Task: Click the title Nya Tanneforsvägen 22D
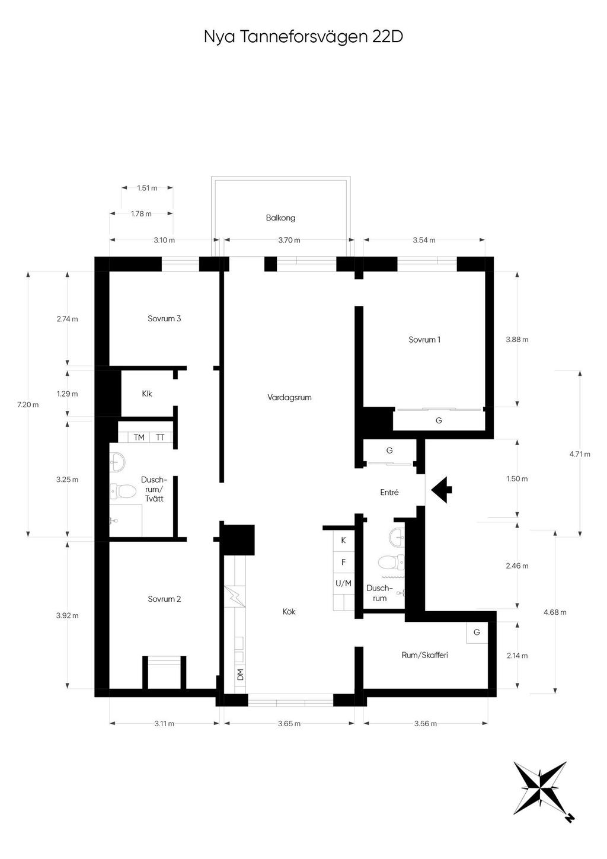[303, 37]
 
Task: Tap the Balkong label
[281, 218]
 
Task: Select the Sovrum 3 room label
[164, 318]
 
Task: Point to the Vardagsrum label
[289, 398]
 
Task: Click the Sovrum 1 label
[424, 339]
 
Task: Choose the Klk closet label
[147, 394]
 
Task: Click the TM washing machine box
[139, 437]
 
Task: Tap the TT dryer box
[160, 437]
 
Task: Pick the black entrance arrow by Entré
[442, 490]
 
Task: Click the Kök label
[289, 612]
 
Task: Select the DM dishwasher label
[240, 674]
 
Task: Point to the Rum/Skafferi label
[424, 655]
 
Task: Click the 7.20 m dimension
[28, 404]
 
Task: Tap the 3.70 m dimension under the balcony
[289, 240]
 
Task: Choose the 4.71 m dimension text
[579, 454]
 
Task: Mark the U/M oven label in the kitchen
[343, 583]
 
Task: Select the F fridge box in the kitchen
[343, 562]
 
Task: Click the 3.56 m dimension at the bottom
[425, 724]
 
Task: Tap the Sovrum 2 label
[164, 599]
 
